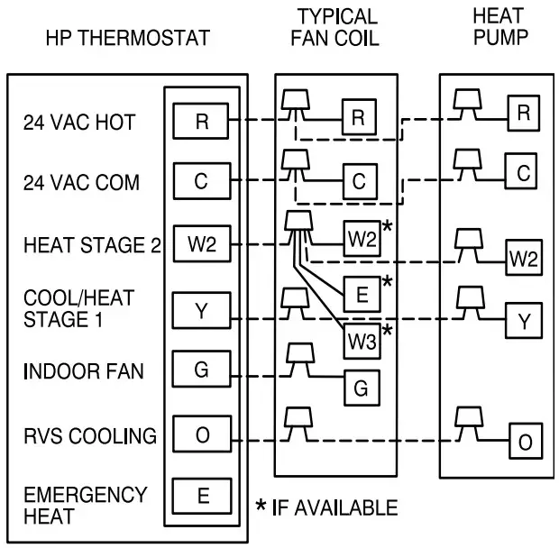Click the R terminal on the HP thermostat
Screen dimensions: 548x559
pyautogui.click(x=201, y=120)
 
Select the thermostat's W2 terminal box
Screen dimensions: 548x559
pyautogui.click(x=201, y=243)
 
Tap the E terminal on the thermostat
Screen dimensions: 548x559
pyautogui.click(x=201, y=494)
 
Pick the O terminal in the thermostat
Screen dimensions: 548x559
pyautogui.click(x=201, y=436)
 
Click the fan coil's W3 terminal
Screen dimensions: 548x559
pyautogui.click(x=360, y=341)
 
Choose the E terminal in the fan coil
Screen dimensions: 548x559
pyautogui.click(x=360, y=293)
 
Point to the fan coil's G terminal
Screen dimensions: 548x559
pyautogui.click(x=360, y=388)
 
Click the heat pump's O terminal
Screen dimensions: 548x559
pyautogui.click(x=524, y=442)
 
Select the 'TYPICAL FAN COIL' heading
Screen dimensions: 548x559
pyautogui.click(x=336, y=28)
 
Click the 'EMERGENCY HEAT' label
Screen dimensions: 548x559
pyautogui.click(x=85, y=505)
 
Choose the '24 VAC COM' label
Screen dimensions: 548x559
pyautogui.click(x=81, y=183)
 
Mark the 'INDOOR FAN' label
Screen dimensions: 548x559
pyautogui.click(x=84, y=371)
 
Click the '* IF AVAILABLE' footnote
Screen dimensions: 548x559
pyautogui.click(x=326, y=508)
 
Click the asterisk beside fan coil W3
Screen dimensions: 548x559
pyautogui.click(x=387, y=333)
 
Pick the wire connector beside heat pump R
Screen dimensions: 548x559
pyautogui.click(x=466, y=100)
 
